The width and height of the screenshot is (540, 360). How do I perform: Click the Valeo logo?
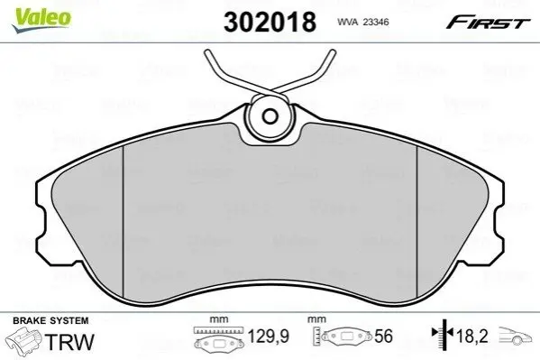pyautogui.click(x=41, y=20)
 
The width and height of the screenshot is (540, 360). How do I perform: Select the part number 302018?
pyautogui.click(x=270, y=22)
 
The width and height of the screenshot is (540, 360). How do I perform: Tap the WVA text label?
pyautogui.click(x=348, y=22)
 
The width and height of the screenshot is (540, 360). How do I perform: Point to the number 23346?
pyautogui.click(x=377, y=22)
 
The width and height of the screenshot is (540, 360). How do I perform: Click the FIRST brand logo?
pyautogui.click(x=488, y=23)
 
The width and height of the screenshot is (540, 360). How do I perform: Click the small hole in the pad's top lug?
pyautogui.click(x=270, y=116)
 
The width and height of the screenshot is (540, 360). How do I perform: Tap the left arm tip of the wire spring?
pyautogui.click(x=207, y=53)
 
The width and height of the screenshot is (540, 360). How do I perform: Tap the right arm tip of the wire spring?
pyautogui.click(x=333, y=52)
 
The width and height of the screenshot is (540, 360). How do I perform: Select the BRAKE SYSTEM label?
pyautogui.click(x=50, y=320)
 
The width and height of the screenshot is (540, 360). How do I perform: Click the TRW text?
pyautogui.click(x=69, y=342)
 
